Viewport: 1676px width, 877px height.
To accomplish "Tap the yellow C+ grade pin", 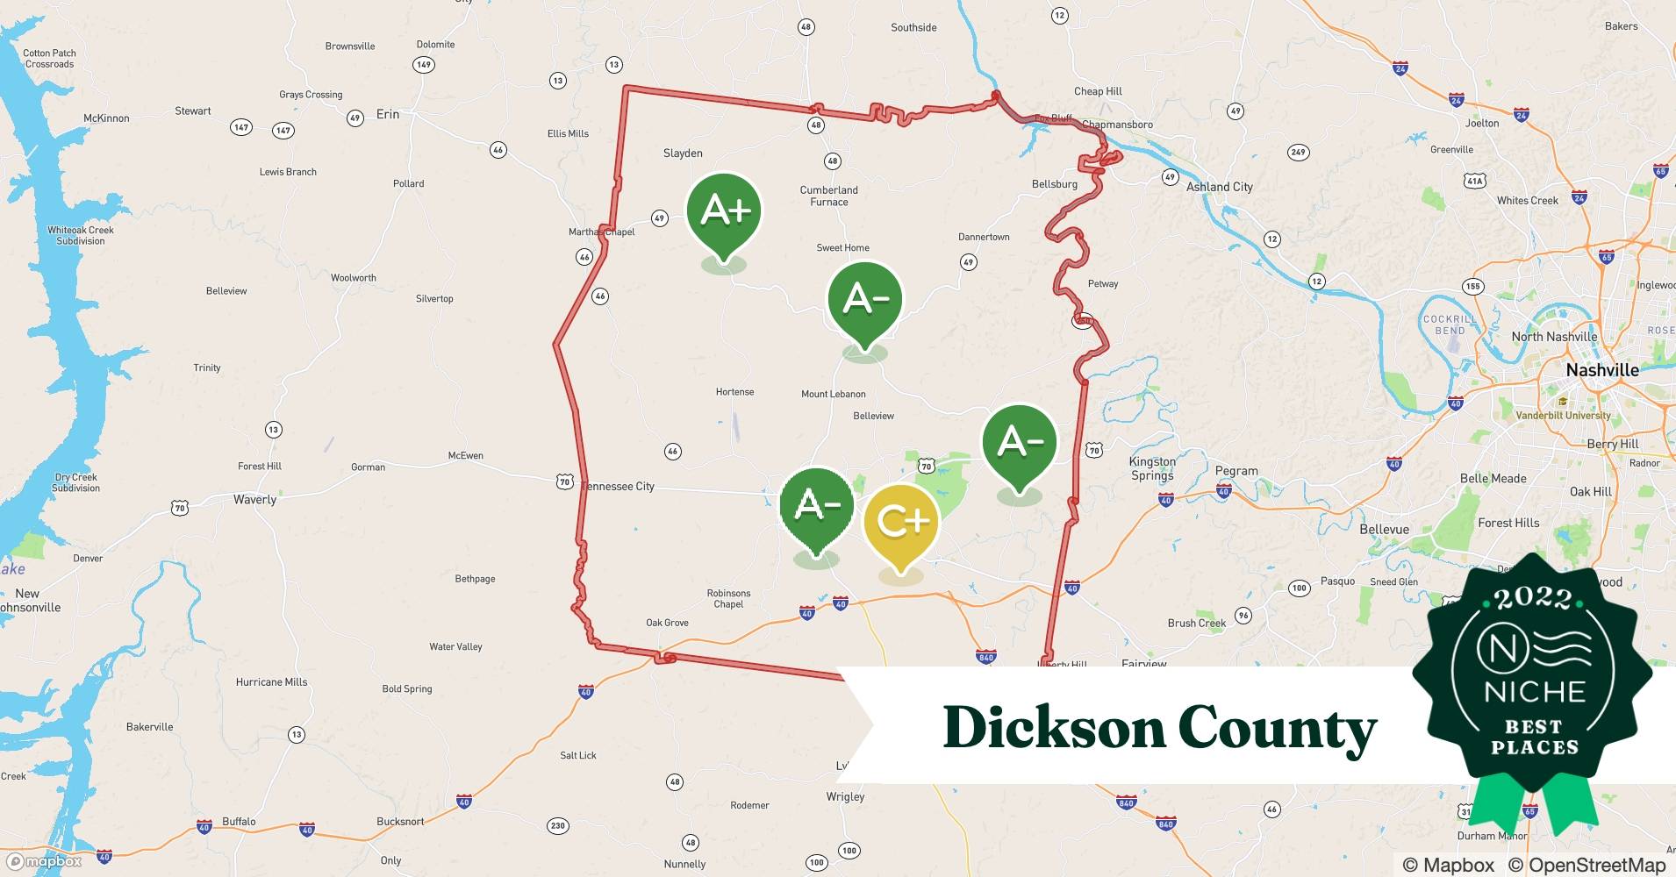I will pos(901,523).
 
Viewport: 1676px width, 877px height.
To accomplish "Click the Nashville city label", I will pos(1602,370).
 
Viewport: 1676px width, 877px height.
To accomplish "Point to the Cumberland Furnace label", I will pos(829,196).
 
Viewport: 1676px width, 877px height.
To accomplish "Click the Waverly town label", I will pos(254,500).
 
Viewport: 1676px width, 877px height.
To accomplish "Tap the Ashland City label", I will pos(1219,187).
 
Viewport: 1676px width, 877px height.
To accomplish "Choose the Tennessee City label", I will pos(620,487).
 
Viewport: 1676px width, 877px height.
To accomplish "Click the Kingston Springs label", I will pos(1152,468).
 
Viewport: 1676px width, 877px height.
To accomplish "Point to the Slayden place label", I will pos(683,153).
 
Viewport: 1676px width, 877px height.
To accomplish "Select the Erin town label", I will pos(387,114).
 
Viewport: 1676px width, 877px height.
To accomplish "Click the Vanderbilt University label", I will pos(1563,416).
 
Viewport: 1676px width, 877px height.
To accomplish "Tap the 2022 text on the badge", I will pos(1534,599).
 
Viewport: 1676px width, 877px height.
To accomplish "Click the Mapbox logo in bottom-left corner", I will pos(44,861).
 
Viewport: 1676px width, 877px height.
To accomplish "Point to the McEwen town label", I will pos(465,456).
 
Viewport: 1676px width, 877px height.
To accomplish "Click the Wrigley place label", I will pos(845,797).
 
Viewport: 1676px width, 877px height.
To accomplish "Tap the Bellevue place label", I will pos(1384,530).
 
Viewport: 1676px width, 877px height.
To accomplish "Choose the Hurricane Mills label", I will pos(271,682).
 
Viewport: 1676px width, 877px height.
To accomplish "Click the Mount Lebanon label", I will pos(833,395).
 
